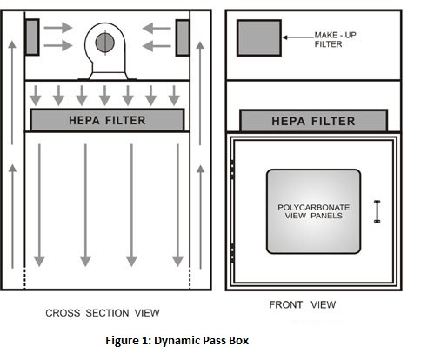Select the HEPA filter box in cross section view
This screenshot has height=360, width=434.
pos(107,119)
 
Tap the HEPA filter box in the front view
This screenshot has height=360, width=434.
pos(315,120)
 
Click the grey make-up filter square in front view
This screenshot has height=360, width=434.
pos(259,38)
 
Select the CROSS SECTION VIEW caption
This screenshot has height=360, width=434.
pos(103,312)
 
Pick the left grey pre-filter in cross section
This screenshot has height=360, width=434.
pos(32,36)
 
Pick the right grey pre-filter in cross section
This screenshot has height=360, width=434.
pos(183,36)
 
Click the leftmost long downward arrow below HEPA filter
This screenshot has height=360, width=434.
pos(39,204)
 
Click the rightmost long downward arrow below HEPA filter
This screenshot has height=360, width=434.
pos(177,204)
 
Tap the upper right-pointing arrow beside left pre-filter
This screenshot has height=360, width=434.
pos(58,28)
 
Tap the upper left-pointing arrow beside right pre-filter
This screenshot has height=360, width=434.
pos(157,28)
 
